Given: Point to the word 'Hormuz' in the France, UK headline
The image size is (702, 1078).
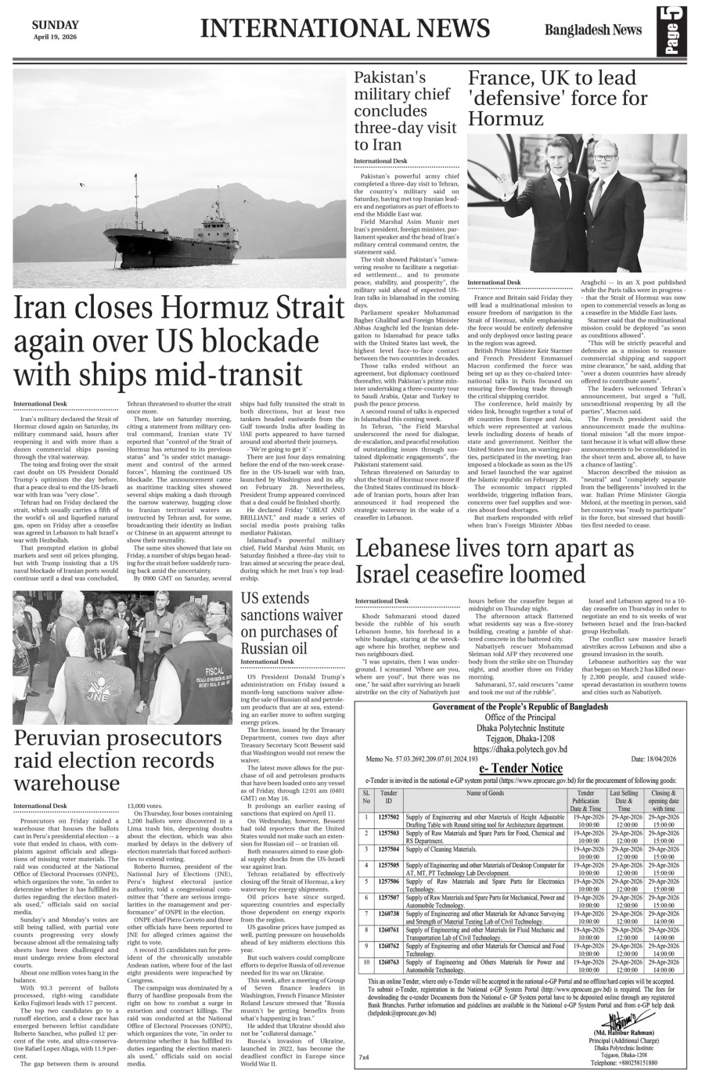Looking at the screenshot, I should pos(506,119).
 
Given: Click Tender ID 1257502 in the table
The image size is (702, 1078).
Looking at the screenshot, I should pos(388,817).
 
